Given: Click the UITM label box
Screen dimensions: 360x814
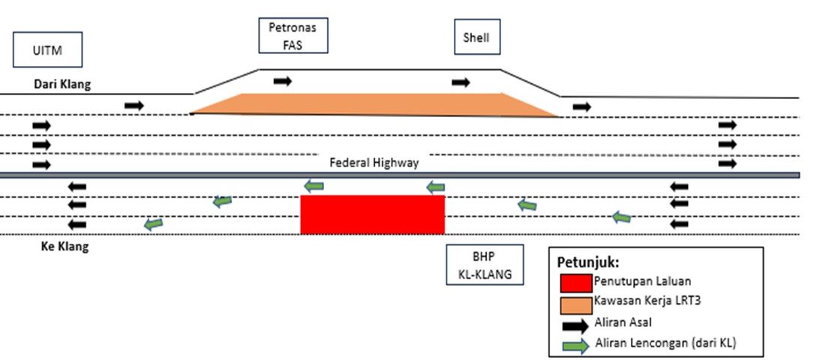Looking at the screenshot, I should click(x=47, y=50).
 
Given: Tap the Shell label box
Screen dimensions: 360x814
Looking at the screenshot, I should click(x=476, y=37).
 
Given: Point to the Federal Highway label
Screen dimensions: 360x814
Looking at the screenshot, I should click(x=374, y=163).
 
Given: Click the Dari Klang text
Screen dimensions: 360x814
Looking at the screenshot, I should click(x=62, y=85).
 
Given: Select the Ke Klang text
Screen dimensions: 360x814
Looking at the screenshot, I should click(x=65, y=247).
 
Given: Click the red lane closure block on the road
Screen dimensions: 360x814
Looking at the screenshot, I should click(x=372, y=214).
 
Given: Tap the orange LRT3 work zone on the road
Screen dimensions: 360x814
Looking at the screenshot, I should click(x=375, y=104).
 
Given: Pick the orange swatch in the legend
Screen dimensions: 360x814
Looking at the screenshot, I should click(x=575, y=303).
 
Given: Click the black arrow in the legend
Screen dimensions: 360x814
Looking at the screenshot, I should click(x=575, y=325).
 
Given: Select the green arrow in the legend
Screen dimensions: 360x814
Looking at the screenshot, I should click(x=575, y=344).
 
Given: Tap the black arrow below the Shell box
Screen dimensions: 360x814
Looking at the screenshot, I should click(x=461, y=82).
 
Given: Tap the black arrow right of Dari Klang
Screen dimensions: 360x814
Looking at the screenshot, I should click(x=134, y=106).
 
